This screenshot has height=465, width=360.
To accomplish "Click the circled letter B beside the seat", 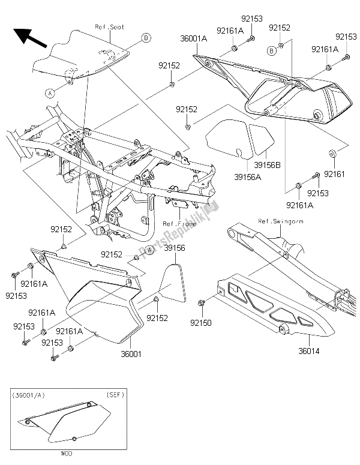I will click(x=146, y=38).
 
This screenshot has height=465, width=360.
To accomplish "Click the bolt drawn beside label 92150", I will click(x=202, y=301).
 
